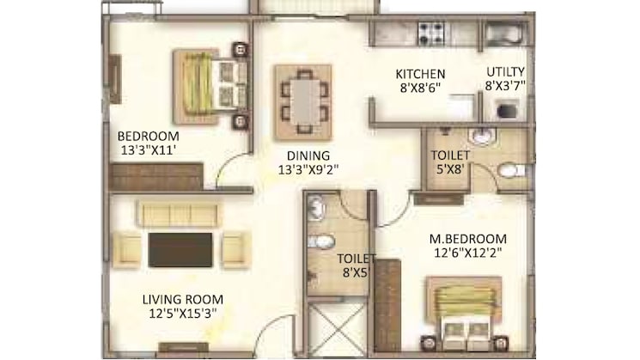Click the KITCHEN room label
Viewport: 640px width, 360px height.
point(420,74)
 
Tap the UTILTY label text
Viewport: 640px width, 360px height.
point(505,72)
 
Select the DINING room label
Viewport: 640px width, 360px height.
point(308,156)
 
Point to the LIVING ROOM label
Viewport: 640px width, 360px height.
point(183,300)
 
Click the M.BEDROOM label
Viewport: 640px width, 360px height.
point(467,239)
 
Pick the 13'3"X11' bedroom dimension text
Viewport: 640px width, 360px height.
point(149,150)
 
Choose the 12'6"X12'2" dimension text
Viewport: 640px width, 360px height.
point(467,253)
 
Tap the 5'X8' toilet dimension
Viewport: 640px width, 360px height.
point(451,169)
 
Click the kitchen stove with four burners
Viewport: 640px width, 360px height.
point(432,33)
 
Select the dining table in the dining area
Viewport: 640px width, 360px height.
point(303,102)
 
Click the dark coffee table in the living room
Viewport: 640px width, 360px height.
point(180,250)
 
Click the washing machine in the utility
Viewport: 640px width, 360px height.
point(508,110)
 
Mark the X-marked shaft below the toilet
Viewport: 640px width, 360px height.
point(337,326)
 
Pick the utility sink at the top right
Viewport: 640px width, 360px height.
point(504,33)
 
